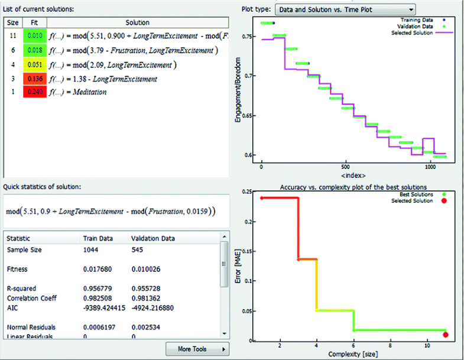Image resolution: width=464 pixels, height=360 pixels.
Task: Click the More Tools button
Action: (x=197, y=349)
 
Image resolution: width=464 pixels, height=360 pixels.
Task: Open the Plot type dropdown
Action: (x=345, y=9)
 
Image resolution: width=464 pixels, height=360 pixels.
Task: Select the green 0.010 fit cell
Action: (x=34, y=37)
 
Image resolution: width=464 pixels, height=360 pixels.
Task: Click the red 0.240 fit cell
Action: (x=34, y=92)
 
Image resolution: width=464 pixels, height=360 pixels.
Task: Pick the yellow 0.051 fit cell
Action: (x=34, y=64)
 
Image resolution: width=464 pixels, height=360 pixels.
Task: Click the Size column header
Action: (x=12, y=22)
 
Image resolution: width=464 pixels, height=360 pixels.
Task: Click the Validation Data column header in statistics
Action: (x=153, y=239)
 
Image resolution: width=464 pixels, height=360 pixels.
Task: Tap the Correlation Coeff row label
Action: (x=33, y=297)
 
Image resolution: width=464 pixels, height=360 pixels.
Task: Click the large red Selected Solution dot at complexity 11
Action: (x=446, y=335)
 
